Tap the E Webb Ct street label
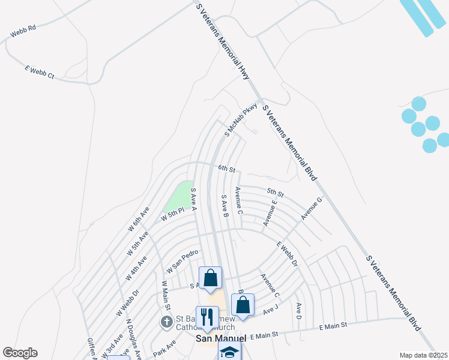point(40,73)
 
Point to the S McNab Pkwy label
point(241,120)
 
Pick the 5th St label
point(275,193)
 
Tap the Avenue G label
point(312,208)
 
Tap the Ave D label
point(298,311)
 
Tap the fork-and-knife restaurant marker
point(207,316)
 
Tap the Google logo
point(20,353)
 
